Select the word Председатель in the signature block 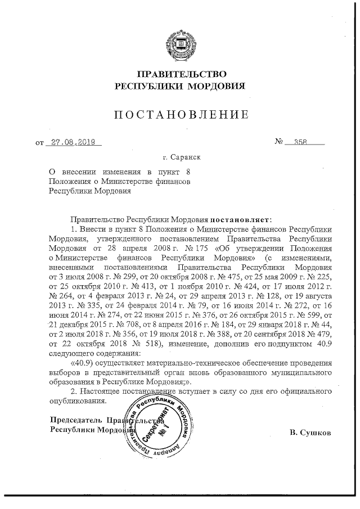pyautogui.click(x=75, y=420)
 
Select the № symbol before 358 pyautogui.click(x=280, y=142)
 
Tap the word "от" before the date pyautogui.click(x=39, y=143)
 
